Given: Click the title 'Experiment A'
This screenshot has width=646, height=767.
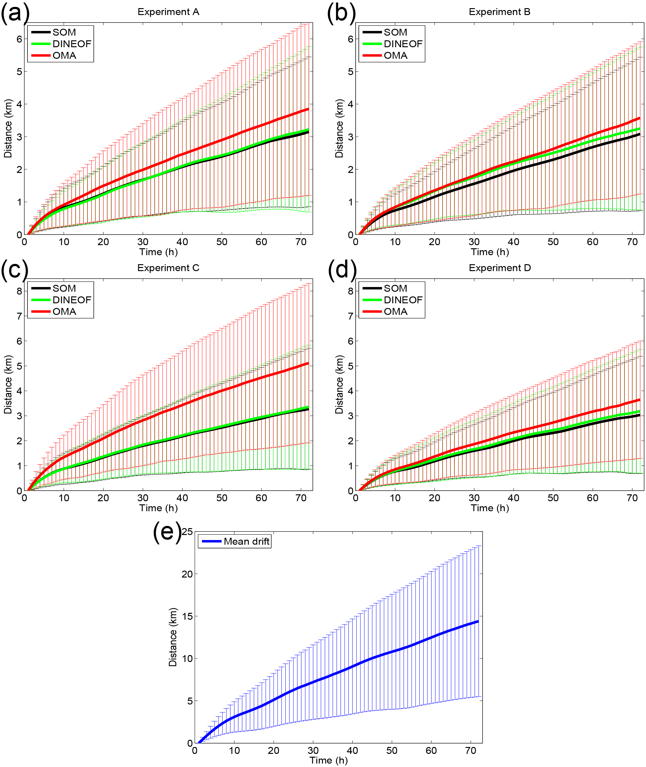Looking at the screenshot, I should click(168, 12).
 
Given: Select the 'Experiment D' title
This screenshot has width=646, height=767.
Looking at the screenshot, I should click(499, 268).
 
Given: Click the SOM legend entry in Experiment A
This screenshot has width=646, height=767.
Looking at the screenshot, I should click(64, 32).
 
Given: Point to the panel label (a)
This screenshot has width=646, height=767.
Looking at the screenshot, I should click(15, 13).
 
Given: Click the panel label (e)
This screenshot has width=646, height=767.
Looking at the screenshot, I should click(167, 532).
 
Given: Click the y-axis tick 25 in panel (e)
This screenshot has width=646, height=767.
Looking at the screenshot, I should click(187, 532).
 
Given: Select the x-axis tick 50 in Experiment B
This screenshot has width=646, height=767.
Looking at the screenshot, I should click(553, 242).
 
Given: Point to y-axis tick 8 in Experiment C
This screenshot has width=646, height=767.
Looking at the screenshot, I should click(19, 291).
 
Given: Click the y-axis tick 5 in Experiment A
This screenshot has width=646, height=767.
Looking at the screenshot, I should click(19, 72).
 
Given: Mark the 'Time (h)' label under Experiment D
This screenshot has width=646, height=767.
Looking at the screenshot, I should click(490, 508).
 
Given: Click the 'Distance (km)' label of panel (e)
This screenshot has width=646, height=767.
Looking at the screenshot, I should click(173, 637).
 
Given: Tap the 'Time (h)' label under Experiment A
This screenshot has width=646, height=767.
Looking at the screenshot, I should click(158, 252).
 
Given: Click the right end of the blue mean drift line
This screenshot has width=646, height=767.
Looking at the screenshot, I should click(478, 622).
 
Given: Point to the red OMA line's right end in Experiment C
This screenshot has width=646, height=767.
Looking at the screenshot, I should click(308, 363).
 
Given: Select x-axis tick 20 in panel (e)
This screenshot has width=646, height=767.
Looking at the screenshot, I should click(273, 750).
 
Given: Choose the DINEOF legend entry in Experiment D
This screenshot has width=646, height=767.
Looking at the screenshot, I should click(403, 300).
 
